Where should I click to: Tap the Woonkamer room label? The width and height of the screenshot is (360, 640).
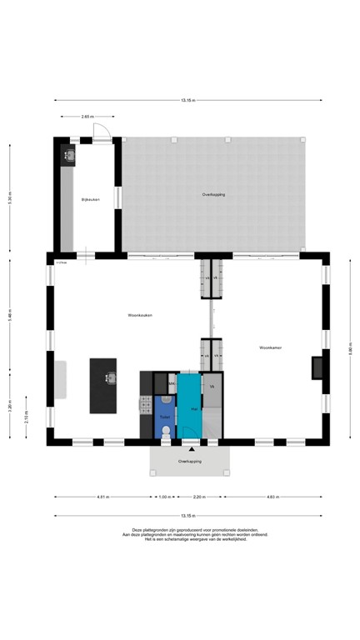[270, 347]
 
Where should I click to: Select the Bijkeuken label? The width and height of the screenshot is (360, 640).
[91, 200]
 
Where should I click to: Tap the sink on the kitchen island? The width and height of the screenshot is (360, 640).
[109, 378]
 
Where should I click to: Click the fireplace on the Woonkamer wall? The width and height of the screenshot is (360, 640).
[317, 367]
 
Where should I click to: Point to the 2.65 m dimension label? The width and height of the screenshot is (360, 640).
[87, 117]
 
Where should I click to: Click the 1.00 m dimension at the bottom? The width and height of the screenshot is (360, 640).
[165, 497]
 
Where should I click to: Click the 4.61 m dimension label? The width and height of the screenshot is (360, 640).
[102, 497]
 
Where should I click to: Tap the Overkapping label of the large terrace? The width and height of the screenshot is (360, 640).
[213, 194]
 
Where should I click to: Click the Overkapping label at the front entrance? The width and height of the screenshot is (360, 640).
[190, 461]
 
